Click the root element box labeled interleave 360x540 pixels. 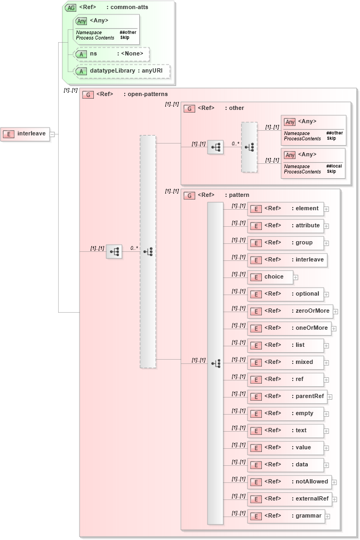(26, 134)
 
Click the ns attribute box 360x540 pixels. (111, 54)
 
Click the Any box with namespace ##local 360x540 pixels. (313, 162)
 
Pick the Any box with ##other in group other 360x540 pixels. (313, 130)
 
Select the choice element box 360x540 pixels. (270, 277)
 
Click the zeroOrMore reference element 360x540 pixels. (291, 311)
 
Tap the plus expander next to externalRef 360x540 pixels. (335, 499)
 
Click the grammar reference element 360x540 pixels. (286, 516)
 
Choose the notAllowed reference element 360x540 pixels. (290, 482)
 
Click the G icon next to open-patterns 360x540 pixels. (88, 94)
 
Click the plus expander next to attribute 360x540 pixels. (326, 226)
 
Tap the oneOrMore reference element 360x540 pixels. (289, 328)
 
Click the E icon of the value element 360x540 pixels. (256, 448)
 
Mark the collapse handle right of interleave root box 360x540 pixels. (52, 134)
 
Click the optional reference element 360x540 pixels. (285, 294)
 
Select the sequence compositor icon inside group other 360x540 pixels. (215, 147)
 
